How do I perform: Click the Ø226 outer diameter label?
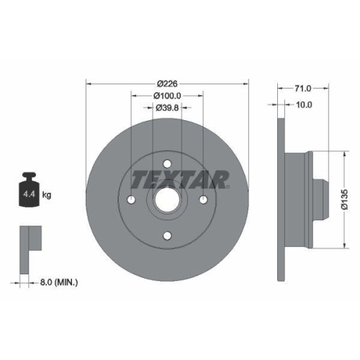(x=167, y=81)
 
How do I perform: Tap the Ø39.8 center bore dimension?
(x=167, y=107)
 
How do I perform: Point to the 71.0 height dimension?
(x=302, y=89)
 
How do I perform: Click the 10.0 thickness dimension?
(x=304, y=104)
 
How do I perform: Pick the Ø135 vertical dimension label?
(x=345, y=195)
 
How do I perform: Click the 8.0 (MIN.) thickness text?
(x=58, y=283)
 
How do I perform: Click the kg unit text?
(x=47, y=195)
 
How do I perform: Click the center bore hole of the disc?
(x=167, y=199)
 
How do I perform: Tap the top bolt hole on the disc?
(x=167, y=163)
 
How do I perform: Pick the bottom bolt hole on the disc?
(x=167, y=235)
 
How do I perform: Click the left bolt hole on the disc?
(x=132, y=199)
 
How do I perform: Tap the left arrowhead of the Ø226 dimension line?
(x=89, y=81)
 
